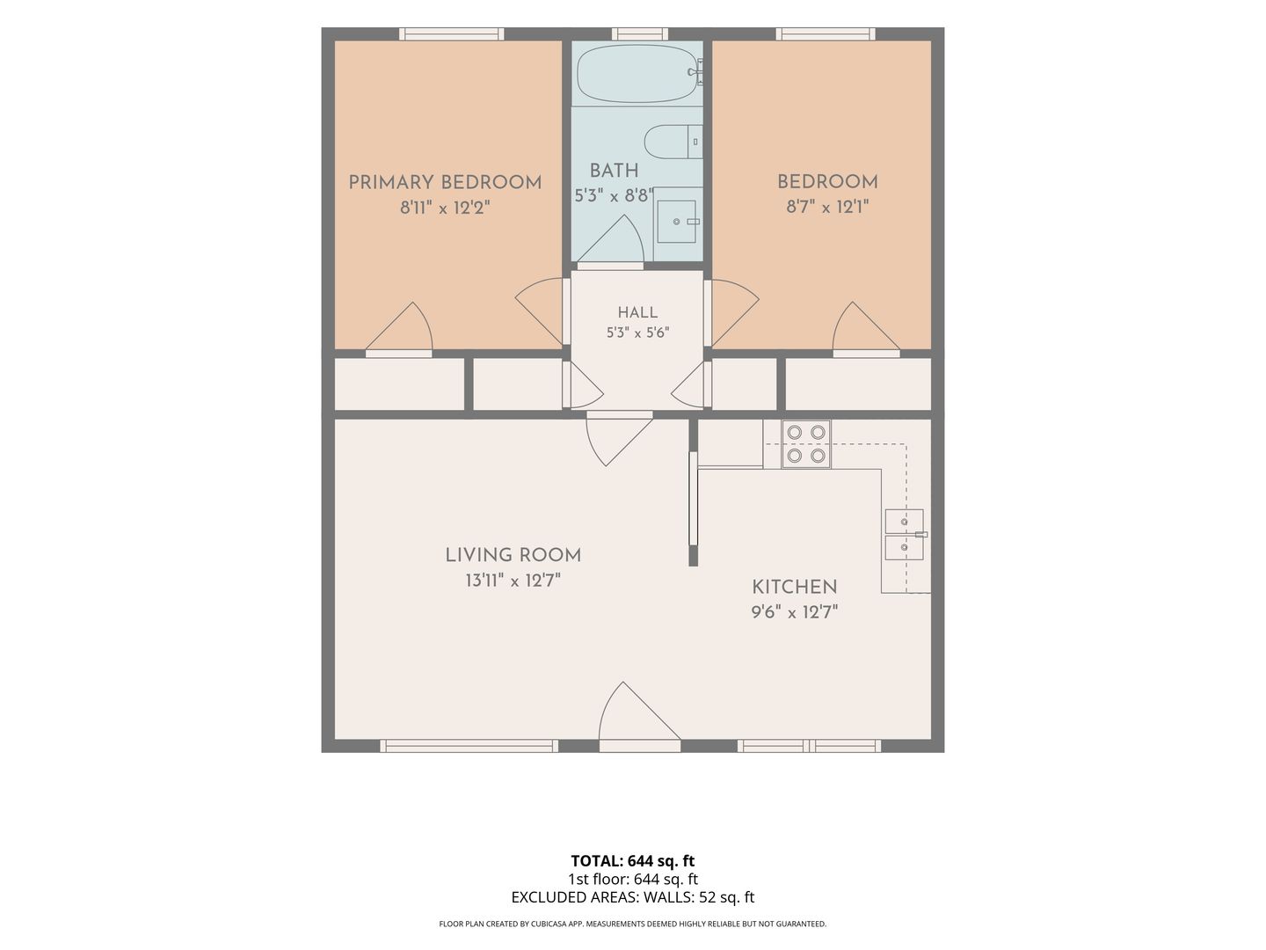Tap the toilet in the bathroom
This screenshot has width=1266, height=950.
[673, 142]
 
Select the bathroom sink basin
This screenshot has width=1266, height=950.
[677, 222]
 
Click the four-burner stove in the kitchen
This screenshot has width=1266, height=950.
[805, 444]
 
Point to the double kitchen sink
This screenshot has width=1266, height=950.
[904, 534]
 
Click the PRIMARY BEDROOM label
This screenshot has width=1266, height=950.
[445, 183]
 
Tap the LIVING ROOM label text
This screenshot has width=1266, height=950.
[513, 555]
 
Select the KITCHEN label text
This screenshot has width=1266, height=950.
[794, 588]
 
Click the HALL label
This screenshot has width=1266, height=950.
[637, 312]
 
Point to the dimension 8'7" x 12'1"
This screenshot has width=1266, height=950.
[827, 207]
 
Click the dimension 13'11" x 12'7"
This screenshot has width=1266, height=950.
[513, 581]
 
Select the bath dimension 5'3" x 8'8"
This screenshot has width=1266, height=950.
[614, 195]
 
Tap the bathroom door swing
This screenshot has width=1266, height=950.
[610, 242]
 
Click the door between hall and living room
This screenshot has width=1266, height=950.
[619, 438]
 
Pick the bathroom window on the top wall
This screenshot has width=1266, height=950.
[640, 34]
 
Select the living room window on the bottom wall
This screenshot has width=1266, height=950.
[469, 746]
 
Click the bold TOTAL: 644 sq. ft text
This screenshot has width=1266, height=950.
[633, 860]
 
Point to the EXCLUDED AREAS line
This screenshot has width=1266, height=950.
[633, 897]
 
